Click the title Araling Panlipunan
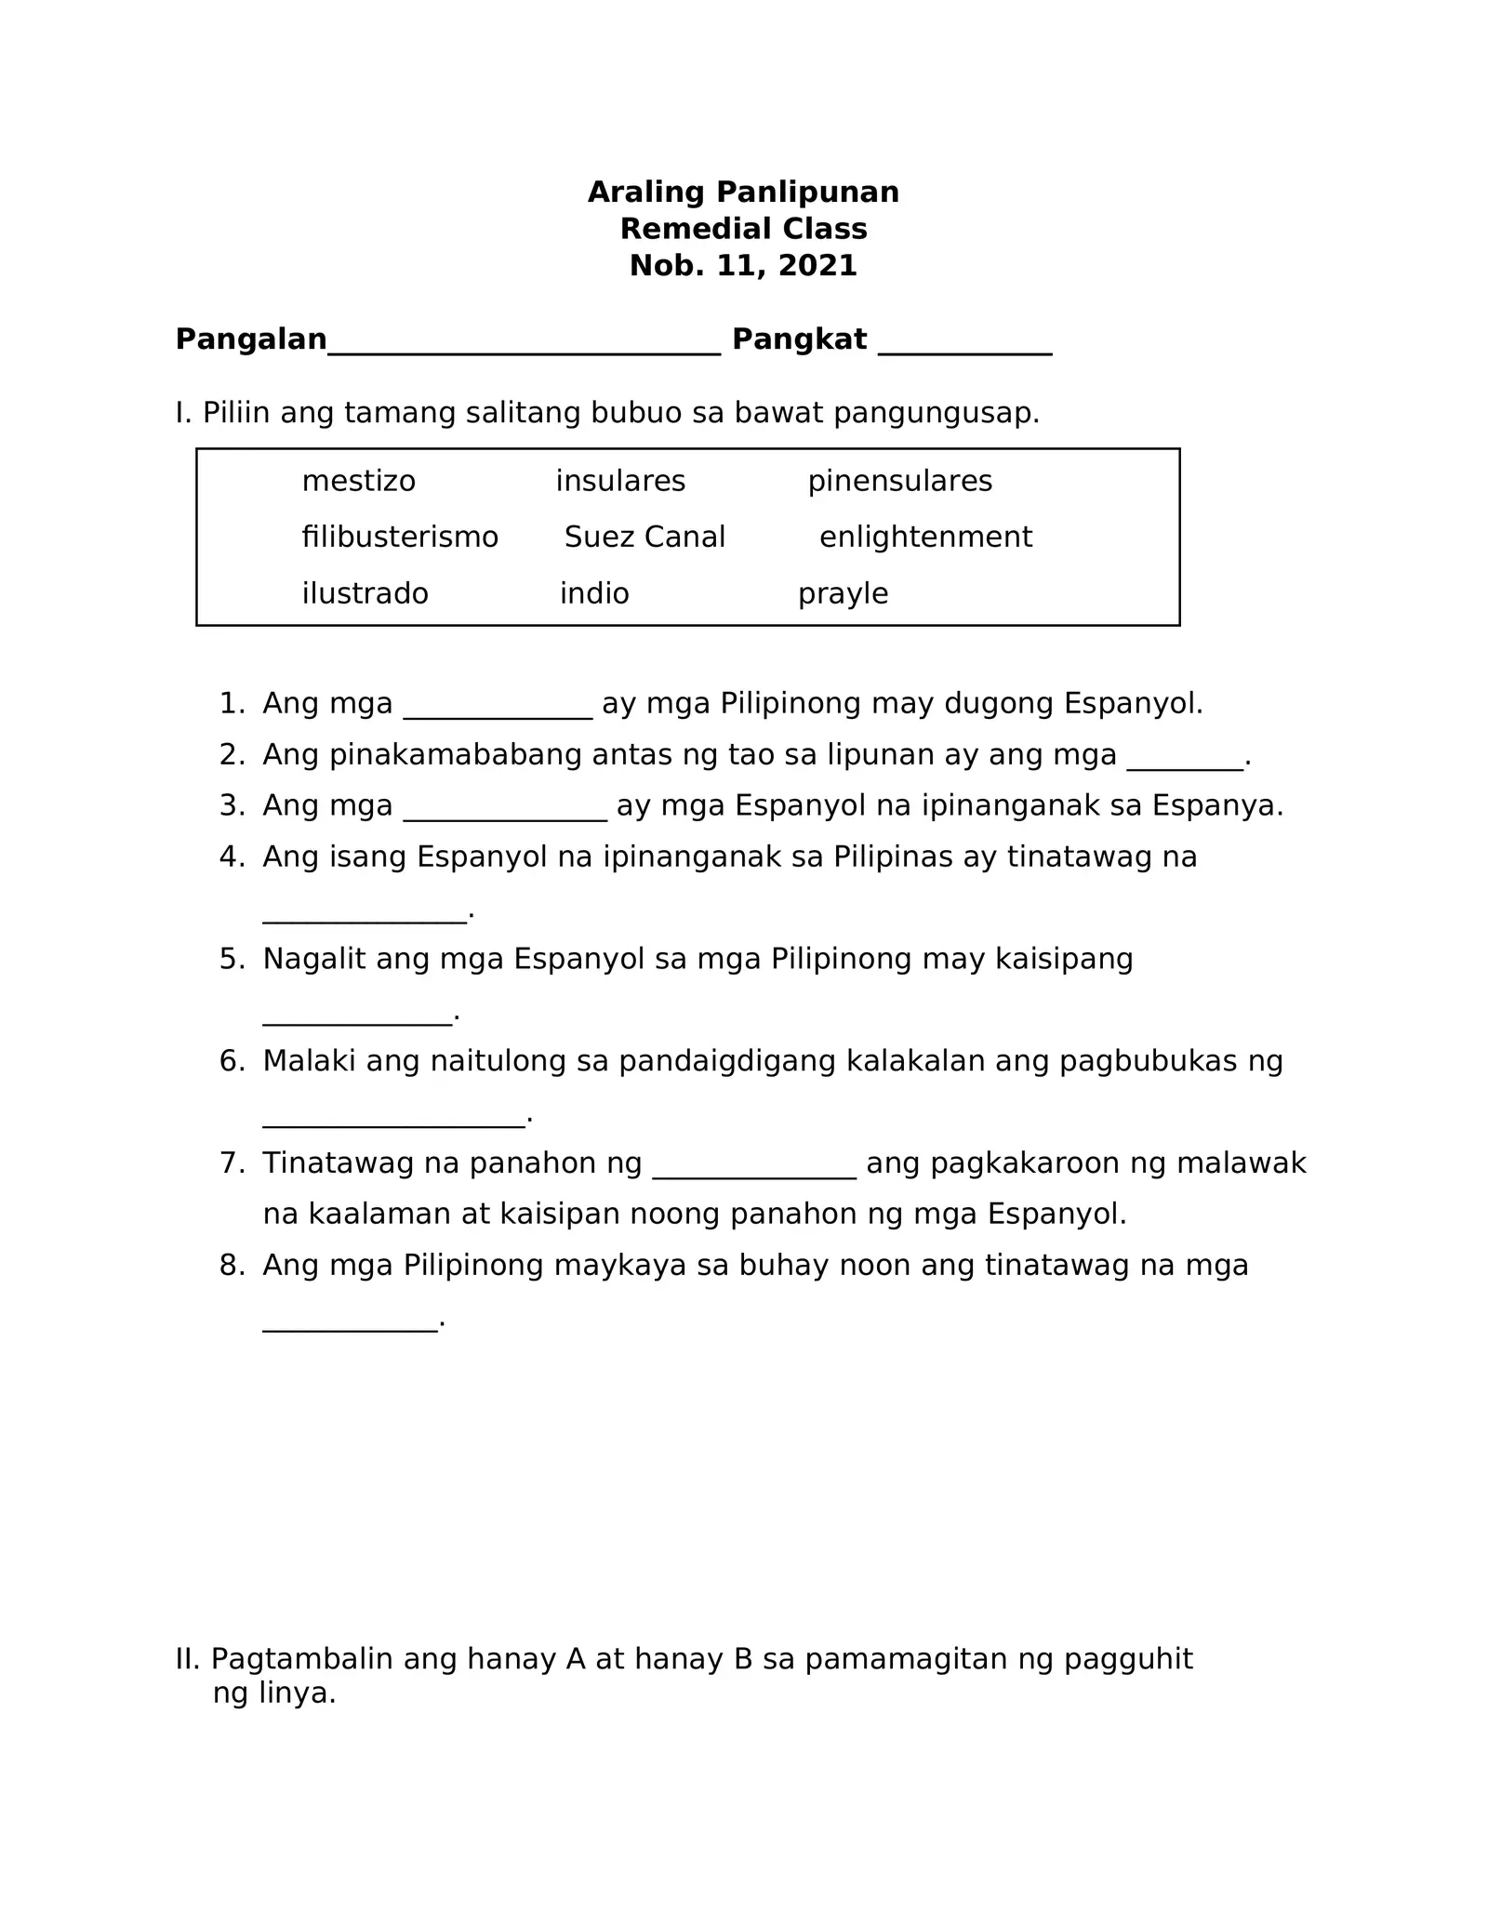tap(743, 193)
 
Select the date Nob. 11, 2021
tap(743, 266)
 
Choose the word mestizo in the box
tap(358, 482)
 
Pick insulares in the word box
tap(620, 482)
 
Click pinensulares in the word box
tap(899, 482)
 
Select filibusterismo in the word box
tap(400, 538)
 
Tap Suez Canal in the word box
tap(644, 538)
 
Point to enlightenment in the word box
tap(925, 538)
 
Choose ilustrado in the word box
tap(365, 594)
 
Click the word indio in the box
tap(594, 594)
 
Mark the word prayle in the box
tap(843, 594)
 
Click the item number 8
tap(231, 1266)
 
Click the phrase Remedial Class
tap(743, 230)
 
